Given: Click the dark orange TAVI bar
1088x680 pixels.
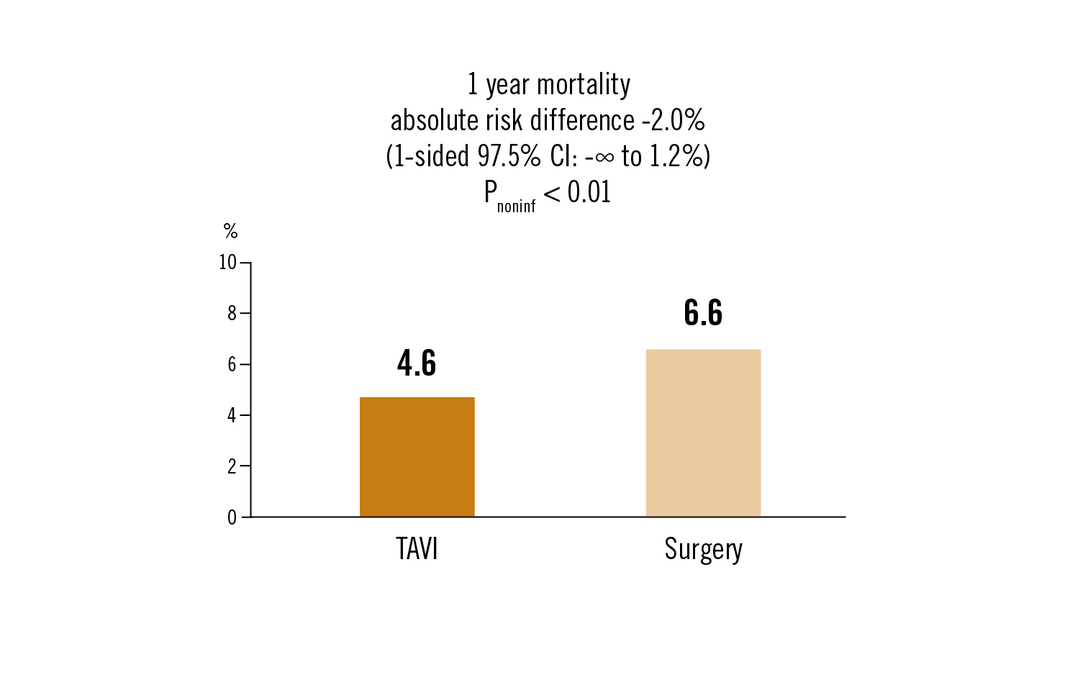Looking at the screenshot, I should [417, 457].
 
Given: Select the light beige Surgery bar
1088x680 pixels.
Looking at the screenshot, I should [703, 433].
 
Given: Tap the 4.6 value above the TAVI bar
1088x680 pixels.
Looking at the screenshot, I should [417, 363].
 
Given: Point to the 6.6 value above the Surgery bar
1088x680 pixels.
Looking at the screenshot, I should [703, 312].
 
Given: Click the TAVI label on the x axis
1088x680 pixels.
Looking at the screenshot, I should [417, 549].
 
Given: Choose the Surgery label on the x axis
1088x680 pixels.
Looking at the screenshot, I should [703, 550].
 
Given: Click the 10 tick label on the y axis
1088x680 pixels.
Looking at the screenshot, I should [227, 263].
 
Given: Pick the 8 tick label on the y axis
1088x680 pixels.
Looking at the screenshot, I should [232, 313].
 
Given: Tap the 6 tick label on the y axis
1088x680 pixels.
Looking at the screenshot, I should [232, 364].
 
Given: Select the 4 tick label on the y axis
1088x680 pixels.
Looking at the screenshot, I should [232, 415].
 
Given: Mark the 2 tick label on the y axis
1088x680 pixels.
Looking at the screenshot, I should [232, 466].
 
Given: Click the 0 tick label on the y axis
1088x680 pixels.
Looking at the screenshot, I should [232, 517].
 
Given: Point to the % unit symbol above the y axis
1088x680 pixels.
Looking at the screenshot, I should [230, 231].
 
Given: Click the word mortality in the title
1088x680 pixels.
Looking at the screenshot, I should [584, 85].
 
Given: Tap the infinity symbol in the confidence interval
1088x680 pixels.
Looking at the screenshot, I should [605, 157].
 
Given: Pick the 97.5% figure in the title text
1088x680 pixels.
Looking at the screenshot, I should [509, 156].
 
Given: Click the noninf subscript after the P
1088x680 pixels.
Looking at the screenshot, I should [516, 207].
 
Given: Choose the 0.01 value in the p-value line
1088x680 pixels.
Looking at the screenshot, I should [589, 192].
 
